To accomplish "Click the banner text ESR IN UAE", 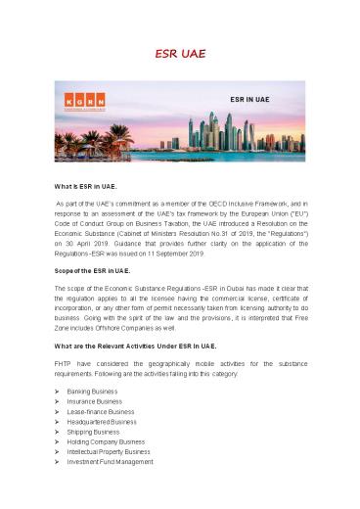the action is (x=249, y=99).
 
